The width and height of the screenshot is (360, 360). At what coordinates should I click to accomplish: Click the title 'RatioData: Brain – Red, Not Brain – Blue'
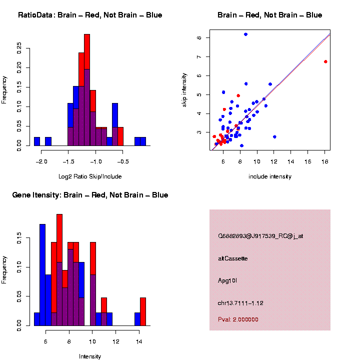pyautogui.click(x=90, y=15)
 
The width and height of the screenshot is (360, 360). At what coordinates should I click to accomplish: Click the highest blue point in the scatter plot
pyautogui.click(x=245, y=34)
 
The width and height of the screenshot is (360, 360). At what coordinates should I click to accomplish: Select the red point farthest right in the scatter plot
pyautogui.click(x=325, y=61)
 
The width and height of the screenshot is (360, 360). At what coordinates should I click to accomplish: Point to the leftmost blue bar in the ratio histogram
pyautogui.click(x=37, y=141)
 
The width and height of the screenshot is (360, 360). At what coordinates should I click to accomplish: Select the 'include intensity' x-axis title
pyautogui.click(x=270, y=176)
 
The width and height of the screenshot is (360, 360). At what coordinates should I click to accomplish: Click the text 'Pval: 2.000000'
pyautogui.click(x=238, y=319)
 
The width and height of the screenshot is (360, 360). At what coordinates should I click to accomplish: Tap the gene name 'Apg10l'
pyautogui.click(x=227, y=281)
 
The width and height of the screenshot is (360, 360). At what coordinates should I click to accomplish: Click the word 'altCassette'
pyautogui.click(x=233, y=258)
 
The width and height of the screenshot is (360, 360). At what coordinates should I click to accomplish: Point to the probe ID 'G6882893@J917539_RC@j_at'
pyautogui.click(x=260, y=236)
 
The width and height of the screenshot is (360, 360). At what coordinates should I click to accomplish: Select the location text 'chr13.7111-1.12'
pyautogui.click(x=240, y=303)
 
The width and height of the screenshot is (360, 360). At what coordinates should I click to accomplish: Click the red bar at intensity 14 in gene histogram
pyautogui.click(x=143, y=311)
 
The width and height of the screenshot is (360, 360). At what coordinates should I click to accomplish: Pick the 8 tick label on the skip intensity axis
pyautogui.click(x=199, y=37)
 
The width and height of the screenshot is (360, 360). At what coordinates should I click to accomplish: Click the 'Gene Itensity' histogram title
pyautogui.click(x=90, y=195)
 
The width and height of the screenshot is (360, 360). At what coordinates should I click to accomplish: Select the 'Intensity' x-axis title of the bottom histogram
pyautogui.click(x=90, y=356)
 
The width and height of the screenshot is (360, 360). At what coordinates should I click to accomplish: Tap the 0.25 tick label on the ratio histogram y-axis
pyautogui.click(x=19, y=47)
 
